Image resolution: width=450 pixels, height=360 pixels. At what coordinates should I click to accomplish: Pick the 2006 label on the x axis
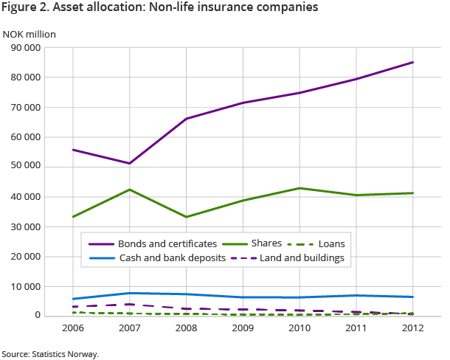click(x=72, y=328)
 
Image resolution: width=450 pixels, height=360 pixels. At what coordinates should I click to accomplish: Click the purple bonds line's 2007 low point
click(x=128, y=163)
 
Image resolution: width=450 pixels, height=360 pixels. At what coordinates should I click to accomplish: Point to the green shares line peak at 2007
click(x=128, y=190)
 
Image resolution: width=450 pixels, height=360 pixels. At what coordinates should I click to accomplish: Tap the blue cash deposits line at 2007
click(x=128, y=293)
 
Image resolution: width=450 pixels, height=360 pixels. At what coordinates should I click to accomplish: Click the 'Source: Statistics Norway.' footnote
click(x=49, y=354)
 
